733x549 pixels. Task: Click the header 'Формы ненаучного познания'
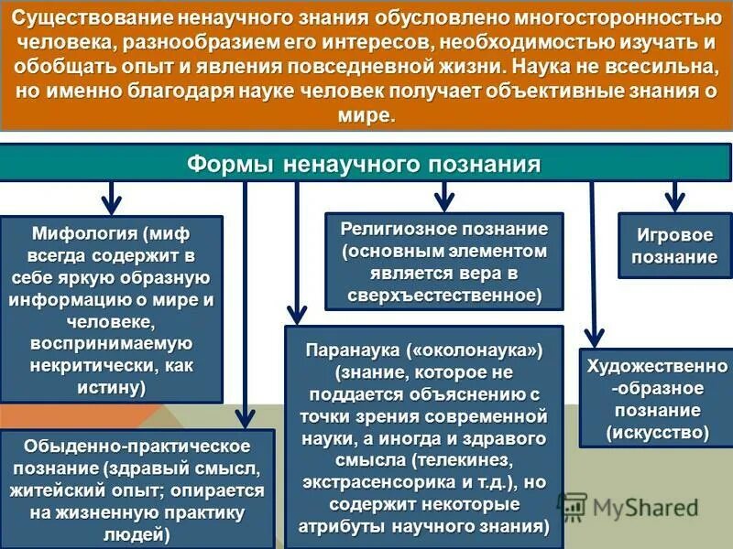(364, 164)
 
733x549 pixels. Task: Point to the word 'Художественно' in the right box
(656, 367)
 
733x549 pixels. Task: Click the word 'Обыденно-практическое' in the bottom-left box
(97, 446)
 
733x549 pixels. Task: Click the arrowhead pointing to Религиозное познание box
(444, 200)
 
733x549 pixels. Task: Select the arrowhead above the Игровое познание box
(675, 200)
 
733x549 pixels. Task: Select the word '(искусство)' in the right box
(657, 431)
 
